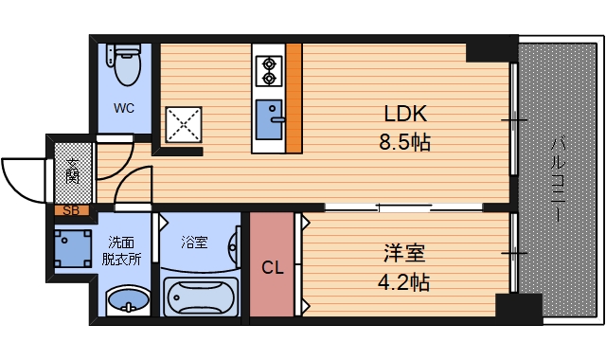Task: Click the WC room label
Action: coord(124,108)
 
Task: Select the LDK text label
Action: coord(405,115)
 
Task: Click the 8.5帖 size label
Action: coord(405,144)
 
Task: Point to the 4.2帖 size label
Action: coord(403,281)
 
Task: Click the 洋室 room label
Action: coord(403,254)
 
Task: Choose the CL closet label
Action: coord(273,268)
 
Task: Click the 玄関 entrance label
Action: coord(73,172)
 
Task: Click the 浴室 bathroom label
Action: coord(195,243)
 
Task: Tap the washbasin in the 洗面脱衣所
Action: coord(126,302)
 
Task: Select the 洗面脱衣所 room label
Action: coord(124,251)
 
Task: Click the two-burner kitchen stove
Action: coord(269,67)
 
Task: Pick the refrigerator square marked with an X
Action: coord(183,123)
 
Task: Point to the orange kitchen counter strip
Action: coord(294,99)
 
